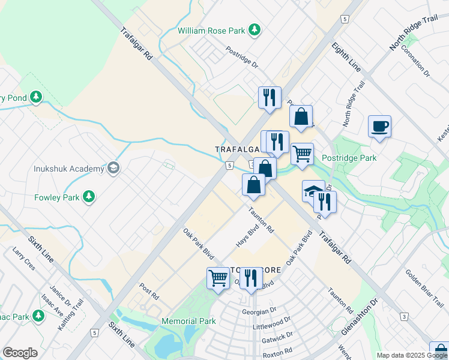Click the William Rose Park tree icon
tap(255, 29)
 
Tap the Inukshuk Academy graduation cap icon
tap(113, 169)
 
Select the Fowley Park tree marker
tap(89, 196)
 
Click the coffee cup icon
tap(379, 127)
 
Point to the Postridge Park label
tap(349, 158)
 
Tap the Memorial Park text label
tap(188, 321)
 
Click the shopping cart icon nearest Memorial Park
tap(218, 278)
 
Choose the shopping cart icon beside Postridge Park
tap(303, 154)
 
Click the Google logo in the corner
tap(20, 353)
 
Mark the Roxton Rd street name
tap(277, 350)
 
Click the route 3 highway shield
tap(405, 316)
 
